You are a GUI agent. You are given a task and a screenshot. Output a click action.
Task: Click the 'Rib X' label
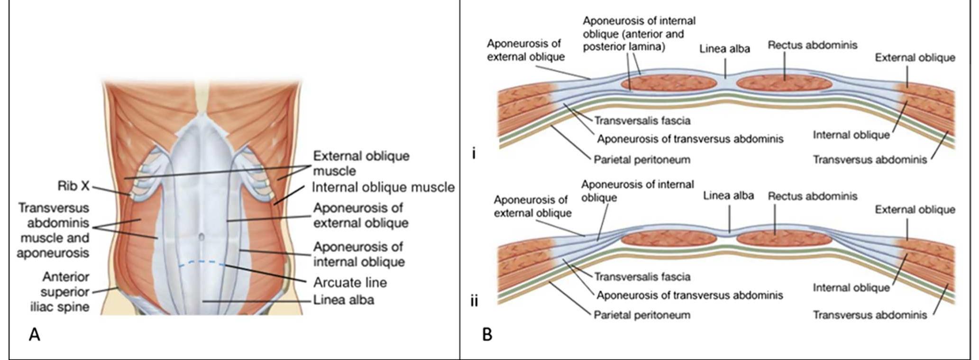click(x=73, y=186)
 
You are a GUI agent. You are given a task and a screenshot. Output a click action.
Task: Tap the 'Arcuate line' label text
click(x=350, y=283)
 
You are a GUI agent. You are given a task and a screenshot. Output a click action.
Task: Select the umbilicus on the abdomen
click(x=201, y=236)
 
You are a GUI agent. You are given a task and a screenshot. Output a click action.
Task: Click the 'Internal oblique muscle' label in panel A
click(x=383, y=187)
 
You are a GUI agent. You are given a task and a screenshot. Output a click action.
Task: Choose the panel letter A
click(x=34, y=335)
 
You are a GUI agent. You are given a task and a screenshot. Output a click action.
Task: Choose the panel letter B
click(x=487, y=335)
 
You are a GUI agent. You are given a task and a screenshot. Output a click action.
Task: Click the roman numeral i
click(x=474, y=154)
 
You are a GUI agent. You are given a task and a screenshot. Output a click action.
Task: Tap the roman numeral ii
click(x=474, y=301)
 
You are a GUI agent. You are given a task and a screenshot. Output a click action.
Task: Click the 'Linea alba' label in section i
click(x=724, y=49)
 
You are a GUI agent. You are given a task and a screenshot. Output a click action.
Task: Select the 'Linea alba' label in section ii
click(x=728, y=195)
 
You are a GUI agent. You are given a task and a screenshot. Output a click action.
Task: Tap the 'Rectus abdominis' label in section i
click(x=813, y=46)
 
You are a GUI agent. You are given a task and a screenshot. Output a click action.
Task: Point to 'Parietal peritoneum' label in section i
click(x=642, y=159)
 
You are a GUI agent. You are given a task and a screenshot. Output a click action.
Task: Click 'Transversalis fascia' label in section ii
click(x=642, y=277)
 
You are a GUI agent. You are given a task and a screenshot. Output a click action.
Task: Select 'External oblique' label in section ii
click(x=915, y=210)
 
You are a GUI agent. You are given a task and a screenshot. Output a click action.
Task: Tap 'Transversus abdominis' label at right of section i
click(x=870, y=160)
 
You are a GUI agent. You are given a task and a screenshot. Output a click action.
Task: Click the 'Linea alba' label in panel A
click(x=343, y=300)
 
